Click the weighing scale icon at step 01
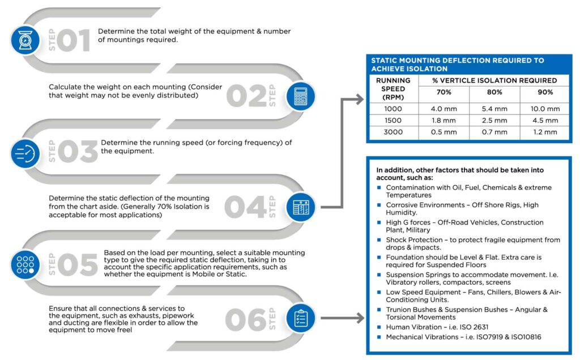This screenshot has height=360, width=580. click(x=25, y=40)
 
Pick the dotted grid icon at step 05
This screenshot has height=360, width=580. click(x=25, y=264)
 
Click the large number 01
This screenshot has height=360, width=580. click(x=73, y=41)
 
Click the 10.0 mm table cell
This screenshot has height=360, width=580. click(x=545, y=109)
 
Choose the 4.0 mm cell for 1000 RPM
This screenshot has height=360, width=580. click(x=443, y=109)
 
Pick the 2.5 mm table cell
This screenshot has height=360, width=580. click(x=494, y=121)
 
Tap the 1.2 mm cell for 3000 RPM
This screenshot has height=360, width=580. click(x=545, y=132)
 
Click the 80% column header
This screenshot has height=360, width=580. click(x=494, y=92)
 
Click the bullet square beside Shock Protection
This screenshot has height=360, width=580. click(x=379, y=240)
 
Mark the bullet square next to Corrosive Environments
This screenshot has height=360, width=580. click(x=379, y=205)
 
